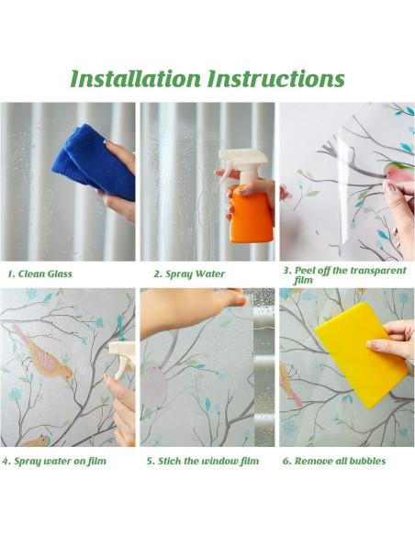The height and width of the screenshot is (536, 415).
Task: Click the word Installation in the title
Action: (x=135, y=79)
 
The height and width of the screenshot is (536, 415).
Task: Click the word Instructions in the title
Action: (x=275, y=79)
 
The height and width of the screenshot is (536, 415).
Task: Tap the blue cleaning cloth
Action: (x=94, y=162)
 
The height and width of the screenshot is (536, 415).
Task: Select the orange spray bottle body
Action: (x=252, y=213)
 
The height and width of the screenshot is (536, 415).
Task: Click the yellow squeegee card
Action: (x=362, y=355)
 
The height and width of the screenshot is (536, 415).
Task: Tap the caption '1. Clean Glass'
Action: (x=40, y=274)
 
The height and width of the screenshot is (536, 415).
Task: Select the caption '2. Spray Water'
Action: (x=189, y=274)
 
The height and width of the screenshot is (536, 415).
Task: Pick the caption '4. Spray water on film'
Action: (x=54, y=461)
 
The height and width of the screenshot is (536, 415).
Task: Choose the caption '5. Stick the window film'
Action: (x=203, y=461)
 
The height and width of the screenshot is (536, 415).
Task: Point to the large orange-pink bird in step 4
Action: (x=44, y=354)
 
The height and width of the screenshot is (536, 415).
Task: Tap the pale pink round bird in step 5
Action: (x=154, y=384)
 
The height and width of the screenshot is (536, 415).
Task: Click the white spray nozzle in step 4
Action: (x=122, y=360)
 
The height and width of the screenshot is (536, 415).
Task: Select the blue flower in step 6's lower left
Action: (x=290, y=428)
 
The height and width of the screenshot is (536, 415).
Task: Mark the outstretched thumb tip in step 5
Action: (x=242, y=301)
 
